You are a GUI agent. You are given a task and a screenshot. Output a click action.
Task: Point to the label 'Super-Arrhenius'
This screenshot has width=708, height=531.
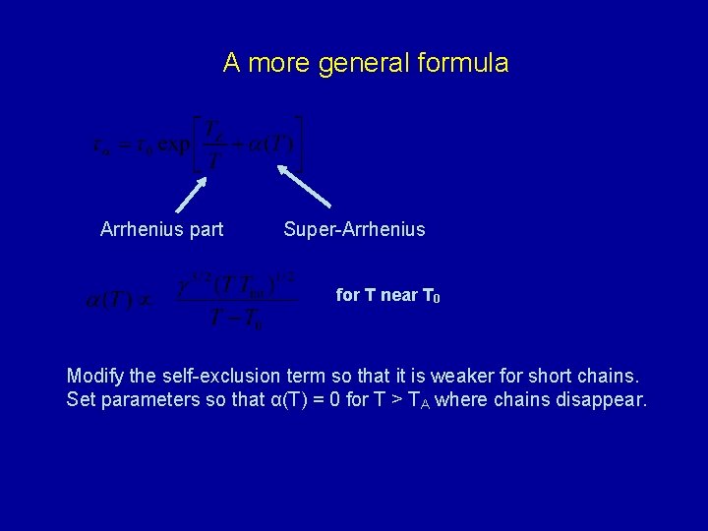coord(354,230)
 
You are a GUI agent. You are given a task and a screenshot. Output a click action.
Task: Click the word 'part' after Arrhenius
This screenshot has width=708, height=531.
coord(206,230)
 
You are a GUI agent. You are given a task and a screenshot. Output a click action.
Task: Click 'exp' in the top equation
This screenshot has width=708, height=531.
coord(180,147)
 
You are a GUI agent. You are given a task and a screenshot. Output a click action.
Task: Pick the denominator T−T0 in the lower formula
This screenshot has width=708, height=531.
coord(236,319)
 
